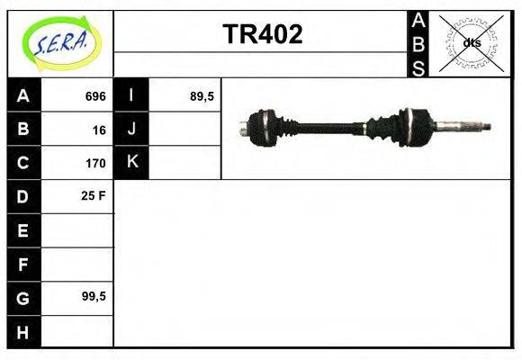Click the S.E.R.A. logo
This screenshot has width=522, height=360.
(60, 42)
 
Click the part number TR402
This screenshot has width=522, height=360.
(262, 35)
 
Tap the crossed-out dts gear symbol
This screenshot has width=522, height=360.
(471, 43)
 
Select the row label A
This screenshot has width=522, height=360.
(23, 96)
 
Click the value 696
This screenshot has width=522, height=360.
(95, 96)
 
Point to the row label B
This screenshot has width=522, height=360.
(23, 130)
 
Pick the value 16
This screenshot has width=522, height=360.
(98, 130)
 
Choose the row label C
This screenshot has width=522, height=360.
(23, 163)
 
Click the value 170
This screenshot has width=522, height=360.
(95, 163)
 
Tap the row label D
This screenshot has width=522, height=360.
(23, 196)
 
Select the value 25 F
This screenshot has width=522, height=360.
(94, 196)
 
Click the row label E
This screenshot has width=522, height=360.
(23, 230)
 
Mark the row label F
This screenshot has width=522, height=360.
(23, 264)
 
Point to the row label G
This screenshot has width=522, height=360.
(23, 297)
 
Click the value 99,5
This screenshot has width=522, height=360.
(94, 297)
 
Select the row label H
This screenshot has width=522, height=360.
(23, 331)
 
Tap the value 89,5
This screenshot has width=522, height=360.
(202, 96)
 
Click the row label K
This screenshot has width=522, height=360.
(132, 163)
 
